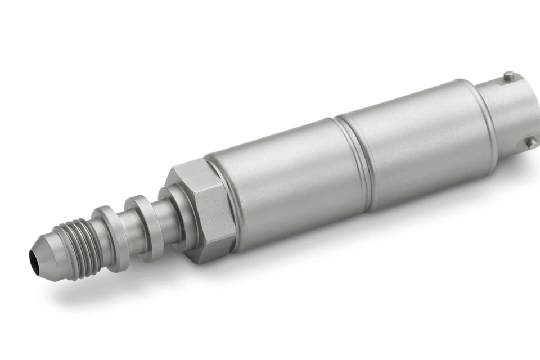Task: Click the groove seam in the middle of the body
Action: pos(354,163)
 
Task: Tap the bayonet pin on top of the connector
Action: pos(508,75)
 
